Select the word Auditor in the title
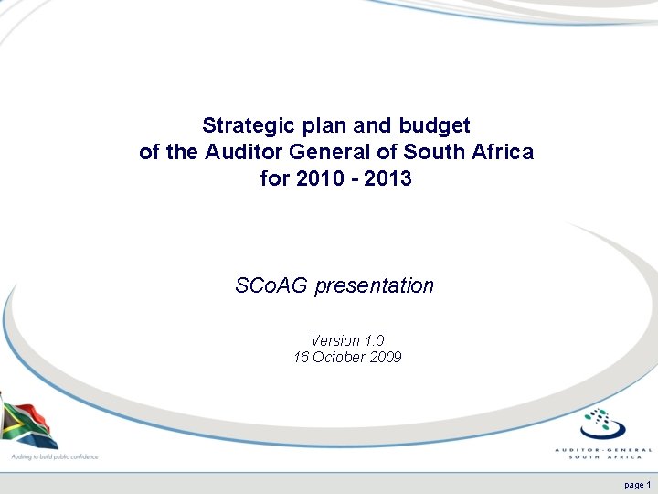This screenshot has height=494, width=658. (240, 152)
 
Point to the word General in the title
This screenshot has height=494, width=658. (318, 152)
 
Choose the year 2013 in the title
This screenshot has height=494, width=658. (387, 179)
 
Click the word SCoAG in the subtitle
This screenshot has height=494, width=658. (271, 286)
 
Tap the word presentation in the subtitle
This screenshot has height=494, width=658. (375, 286)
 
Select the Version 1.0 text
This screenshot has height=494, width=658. (347, 341)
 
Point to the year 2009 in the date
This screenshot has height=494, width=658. (384, 358)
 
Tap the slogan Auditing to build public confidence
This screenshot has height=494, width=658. (54, 456)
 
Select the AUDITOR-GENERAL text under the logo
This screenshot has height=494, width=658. (604, 449)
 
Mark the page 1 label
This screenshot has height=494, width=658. (637, 484)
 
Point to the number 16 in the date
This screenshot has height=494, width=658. (301, 358)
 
